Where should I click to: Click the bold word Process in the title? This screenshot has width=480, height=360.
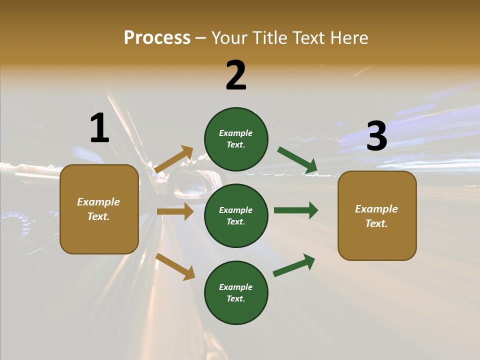point(157,38)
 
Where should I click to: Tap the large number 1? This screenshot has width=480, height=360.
point(99,128)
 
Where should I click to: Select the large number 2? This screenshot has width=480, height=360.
point(236,75)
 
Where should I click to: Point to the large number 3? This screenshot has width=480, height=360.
point(376,136)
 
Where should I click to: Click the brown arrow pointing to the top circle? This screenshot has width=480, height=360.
point(174,159)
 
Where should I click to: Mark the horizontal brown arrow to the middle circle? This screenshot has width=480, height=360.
point(175,211)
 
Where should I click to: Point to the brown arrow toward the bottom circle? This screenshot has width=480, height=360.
point(175,266)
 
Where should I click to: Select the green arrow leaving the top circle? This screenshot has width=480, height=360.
point(297,160)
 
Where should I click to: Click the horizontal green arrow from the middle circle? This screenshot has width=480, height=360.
point(296,210)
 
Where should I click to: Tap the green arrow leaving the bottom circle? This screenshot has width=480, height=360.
point(294,265)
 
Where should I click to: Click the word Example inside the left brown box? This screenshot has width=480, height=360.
point(98,202)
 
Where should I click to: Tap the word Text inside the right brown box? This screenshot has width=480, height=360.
point(376,223)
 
